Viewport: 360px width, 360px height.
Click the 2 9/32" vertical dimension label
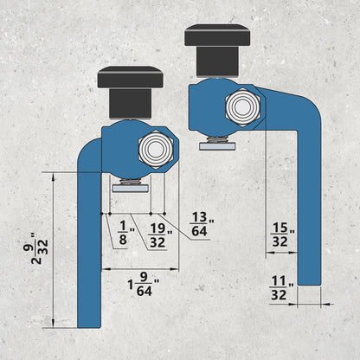pos(39,248)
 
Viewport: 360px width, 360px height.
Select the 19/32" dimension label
pos(160,235)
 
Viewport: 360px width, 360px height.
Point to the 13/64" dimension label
pos(202,224)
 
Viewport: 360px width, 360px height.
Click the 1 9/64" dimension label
pos(144,285)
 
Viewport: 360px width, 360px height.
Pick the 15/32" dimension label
pos(283,235)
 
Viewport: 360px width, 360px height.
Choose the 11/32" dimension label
pos(281,288)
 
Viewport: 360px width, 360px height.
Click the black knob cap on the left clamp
pos(131,77)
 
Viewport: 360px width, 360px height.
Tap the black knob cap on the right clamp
pos(217,35)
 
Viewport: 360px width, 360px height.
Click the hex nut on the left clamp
pos(156,149)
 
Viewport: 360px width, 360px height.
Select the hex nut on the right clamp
pos(243,106)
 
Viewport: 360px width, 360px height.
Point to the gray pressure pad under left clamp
pos(131,189)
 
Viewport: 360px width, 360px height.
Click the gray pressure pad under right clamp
pos(217,146)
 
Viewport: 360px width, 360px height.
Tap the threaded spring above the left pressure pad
pos(129,182)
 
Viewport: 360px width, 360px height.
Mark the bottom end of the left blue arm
pos(89,327)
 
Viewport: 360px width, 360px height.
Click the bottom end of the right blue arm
pos(309,284)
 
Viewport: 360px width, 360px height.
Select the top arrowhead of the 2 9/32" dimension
pos(53,177)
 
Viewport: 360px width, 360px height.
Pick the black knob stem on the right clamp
pos(217,61)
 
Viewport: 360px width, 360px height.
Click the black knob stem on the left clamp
pos(131,104)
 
